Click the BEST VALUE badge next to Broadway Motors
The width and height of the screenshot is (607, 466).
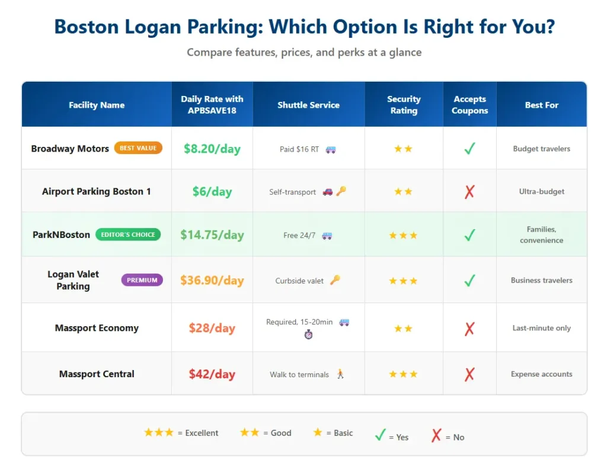138,148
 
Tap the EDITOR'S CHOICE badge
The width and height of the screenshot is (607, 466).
127,234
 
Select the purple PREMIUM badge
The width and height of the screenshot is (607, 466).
142,280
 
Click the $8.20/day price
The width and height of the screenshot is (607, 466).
212,149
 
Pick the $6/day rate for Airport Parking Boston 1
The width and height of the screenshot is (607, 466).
212,191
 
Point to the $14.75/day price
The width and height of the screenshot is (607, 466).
212,234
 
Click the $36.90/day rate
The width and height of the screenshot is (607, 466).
212,280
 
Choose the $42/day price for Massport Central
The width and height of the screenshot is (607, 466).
212,374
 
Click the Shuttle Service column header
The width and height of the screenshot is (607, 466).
308,105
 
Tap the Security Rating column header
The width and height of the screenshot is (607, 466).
404,105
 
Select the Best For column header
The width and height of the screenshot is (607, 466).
541,105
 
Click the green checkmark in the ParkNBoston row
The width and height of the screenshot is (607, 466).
469,235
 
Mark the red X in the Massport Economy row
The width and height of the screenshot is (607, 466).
469,329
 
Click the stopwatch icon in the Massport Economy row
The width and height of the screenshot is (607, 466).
308,335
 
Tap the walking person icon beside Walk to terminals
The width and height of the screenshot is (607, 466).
340,374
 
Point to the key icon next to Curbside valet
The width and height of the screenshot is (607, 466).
335,280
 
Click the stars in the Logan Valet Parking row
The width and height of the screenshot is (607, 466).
403,281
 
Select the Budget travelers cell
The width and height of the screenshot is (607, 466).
541,149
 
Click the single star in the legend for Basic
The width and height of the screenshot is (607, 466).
318,433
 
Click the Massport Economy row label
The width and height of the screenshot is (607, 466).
97,328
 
